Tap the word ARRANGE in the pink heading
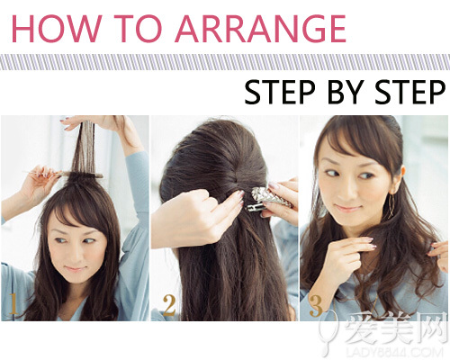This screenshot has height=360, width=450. (x=260, y=29)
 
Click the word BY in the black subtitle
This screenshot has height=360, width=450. (x=346, y=92)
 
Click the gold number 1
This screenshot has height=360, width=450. (x=13, y=303)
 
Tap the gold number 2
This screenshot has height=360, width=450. (x=168, y=305)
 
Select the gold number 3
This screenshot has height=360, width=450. (x=316, y=306)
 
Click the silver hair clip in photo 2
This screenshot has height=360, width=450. (x=268, y=200)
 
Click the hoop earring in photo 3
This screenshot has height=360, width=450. (x=391, y=206)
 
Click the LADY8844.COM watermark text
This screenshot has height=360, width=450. (x=394, y=352)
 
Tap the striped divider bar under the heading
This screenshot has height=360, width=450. (x=225, y=62)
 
